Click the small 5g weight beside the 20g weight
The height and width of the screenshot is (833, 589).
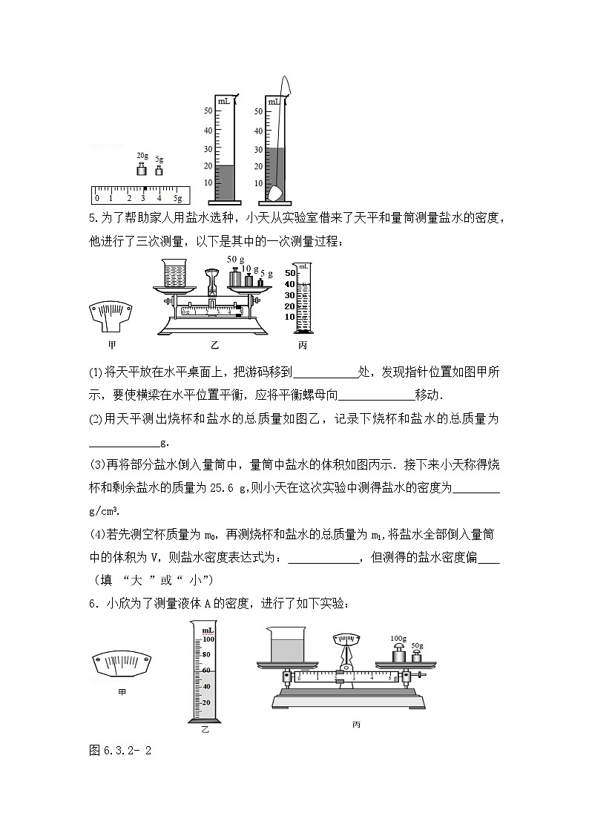(159, 171)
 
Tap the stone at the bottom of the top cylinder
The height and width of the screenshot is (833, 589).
(275, 194)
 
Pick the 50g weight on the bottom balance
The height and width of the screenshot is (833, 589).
(416, 659)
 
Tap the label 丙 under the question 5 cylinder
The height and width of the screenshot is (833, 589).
(302, 345)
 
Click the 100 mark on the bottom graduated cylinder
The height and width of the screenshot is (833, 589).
(208, 639)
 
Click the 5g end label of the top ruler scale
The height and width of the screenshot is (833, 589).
(177, 199)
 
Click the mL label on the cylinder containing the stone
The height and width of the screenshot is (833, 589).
(274, 101)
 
